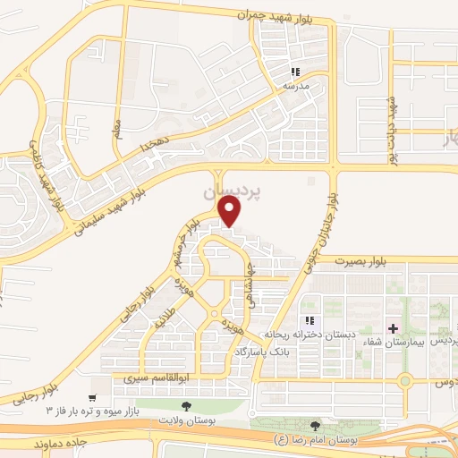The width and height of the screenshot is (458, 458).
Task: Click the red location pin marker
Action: tap(230, 211)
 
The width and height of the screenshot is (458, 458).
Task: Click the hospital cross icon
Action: tap(393, 329)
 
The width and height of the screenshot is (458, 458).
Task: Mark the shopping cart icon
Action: tap(92, 396)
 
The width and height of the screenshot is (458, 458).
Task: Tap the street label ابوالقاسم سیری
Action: tap(140, 380)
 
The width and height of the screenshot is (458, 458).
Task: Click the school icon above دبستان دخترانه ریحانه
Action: tap(310, 320)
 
